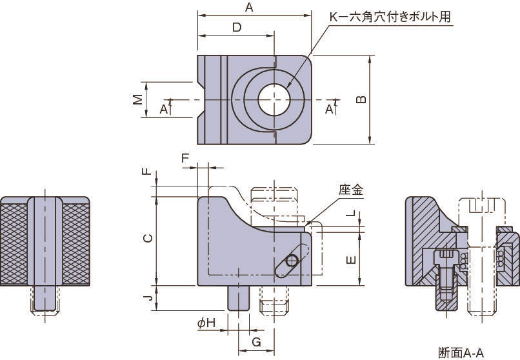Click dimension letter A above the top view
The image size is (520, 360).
[248, 7]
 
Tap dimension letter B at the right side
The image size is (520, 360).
[361, 99]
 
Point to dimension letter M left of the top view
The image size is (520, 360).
[137, 99]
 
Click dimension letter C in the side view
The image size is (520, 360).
[147, 238]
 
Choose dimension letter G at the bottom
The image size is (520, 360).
[255, 342]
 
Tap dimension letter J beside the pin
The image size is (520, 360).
[147, 297]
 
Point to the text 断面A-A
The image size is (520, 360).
[460, 352]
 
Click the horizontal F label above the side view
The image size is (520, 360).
[185, 158]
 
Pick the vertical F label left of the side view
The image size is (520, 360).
[147, 171]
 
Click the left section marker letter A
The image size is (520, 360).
[163, 110]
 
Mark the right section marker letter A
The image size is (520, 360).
[329, 110]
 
